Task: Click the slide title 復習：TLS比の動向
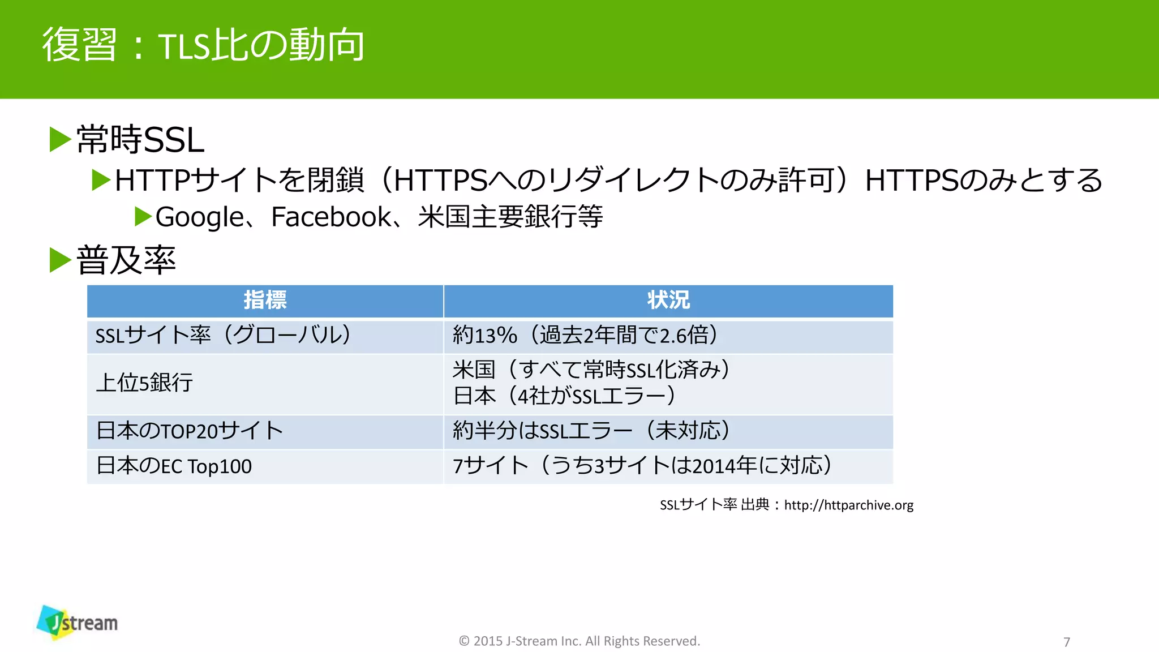pyautogui.click(x=203, y=45)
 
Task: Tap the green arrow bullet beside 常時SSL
pyautogui.click(x=60, y=139)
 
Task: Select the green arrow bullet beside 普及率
pyautogui.click(x=60, y=260)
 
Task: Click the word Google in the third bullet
pyautogui.click(x=199, y=217)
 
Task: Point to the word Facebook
pyautogui.click(x=331, y=217)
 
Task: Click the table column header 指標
pyautogui.click(x=265, y=300)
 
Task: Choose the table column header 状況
pyautogui.click(x=668, y=300)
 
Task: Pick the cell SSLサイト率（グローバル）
pyautogui.click(x=223, y=336)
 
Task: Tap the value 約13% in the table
pyautogui.click(x=485, y=336)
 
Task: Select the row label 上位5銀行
pyautogui.click(x=144, y=383)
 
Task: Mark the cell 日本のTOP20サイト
pyautogui.click(x=190, y=431)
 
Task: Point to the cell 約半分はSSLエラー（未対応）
pyautogui.click(x=591, y=431)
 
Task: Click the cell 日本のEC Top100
pyautogui.click(x=174, y=466)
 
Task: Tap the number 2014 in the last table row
pyautogui.click(x=715, y=466)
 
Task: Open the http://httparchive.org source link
pyautogui.click(x=848, y=505)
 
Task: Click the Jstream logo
pyautogui.click(x=78, y=623)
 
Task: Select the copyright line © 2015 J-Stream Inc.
pyautogui.click(x=579, y=641)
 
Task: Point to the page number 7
pyautogui.click(x=1067, y=642)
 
